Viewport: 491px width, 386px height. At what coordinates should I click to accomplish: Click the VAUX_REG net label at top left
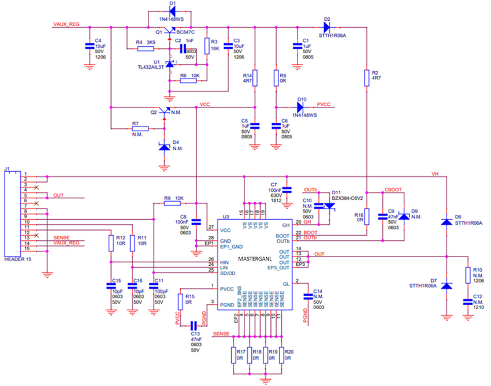tap(65, 25)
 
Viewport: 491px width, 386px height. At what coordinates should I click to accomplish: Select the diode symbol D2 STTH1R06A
tap(326, 27)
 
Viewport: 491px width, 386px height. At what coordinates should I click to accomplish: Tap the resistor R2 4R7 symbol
tap(366, 77)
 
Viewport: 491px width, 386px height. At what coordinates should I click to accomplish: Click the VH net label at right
tap(436, 173)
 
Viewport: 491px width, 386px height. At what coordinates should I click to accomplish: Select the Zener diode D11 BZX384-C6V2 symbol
tap(329, 206)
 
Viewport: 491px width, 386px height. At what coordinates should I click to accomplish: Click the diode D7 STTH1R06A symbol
tap(447, 285)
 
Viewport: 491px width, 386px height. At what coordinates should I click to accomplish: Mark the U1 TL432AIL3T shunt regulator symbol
tap(170, 65)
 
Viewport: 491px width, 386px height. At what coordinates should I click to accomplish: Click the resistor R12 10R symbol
tap(111, 243)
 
